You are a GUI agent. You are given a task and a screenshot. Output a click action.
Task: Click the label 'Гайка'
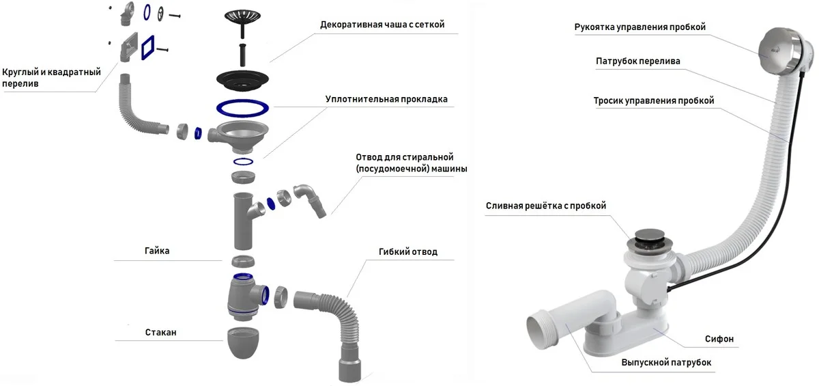pos(157,251)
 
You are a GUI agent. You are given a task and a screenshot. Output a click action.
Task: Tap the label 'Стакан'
pos(160,333)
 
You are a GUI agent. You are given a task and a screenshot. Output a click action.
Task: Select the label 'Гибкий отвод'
pos(407,252)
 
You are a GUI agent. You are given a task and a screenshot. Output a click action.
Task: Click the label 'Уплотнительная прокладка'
pos(386,99)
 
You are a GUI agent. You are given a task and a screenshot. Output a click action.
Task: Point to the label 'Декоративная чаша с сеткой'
pos(382,25)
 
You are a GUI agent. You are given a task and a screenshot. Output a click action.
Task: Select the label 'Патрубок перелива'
pos(638,61)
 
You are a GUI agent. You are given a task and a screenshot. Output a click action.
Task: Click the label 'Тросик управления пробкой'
pos(654,100)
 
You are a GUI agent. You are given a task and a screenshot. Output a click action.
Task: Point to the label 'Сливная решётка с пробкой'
pos(546,206)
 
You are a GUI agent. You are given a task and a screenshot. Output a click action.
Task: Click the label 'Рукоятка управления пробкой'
pos(640,27)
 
